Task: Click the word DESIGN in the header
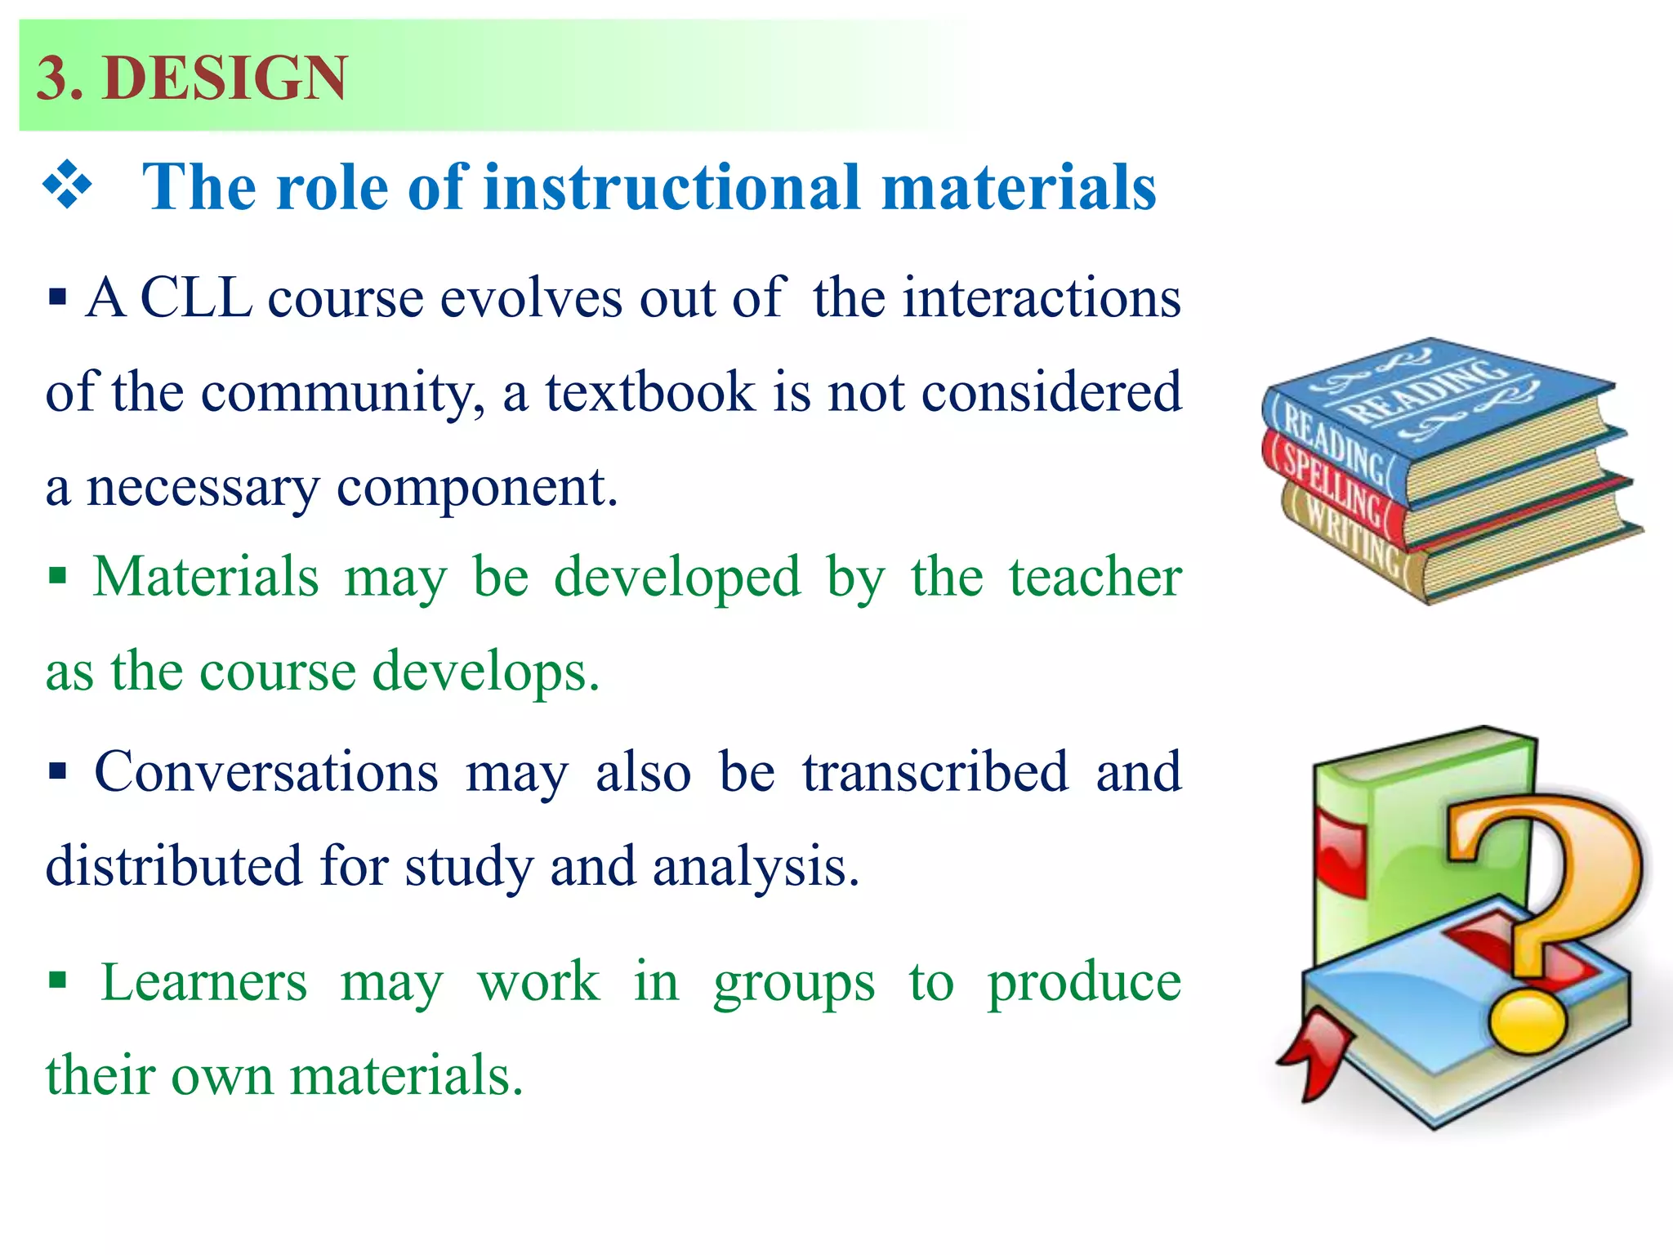click(x=225, y=78)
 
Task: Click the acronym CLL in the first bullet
click(x=196, y=297)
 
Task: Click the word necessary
click(x=203, y=488)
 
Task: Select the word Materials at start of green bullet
click(x=205, y=577)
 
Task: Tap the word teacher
click(x=1095, y=577)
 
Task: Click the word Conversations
click(x=265, y=771)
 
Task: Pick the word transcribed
click(x=935, y=771)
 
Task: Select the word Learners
click(x=203, y=982)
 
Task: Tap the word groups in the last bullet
click(x=793, y=984)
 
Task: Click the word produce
click(x=1084, y=984)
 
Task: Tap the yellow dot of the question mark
click(x=1527, y=1021)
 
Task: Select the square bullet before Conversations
click(x=57, y=771)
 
